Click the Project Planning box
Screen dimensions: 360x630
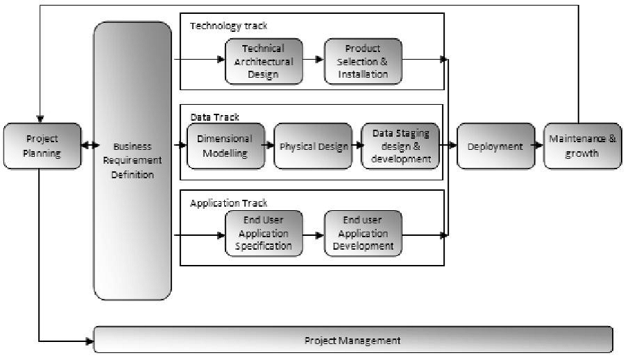click(41, 146)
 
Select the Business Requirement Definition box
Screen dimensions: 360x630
click(132, 160)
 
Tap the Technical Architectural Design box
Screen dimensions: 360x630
click(264, 61)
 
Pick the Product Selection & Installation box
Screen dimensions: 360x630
click(363, 61)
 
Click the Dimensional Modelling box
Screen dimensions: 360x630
click(225, 146)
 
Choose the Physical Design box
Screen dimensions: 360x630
click(313, 146)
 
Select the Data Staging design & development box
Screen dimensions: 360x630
click(400, 146)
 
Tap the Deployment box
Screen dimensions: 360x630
click(495, 146)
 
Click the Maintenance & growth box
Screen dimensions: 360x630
click(582, 146)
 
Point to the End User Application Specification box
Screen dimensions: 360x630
click(264, 234)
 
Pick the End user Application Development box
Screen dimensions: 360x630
click(363, 234)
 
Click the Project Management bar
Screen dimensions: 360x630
click(352, 341)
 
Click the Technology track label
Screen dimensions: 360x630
click(228, 26)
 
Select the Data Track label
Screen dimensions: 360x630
click(214, 117)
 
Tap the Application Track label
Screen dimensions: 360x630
click(228, 203)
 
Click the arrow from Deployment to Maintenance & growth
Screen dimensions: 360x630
click(539, 146)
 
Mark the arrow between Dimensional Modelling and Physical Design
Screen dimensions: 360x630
click(269, 146)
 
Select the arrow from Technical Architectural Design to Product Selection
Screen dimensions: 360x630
click(314, 60)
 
